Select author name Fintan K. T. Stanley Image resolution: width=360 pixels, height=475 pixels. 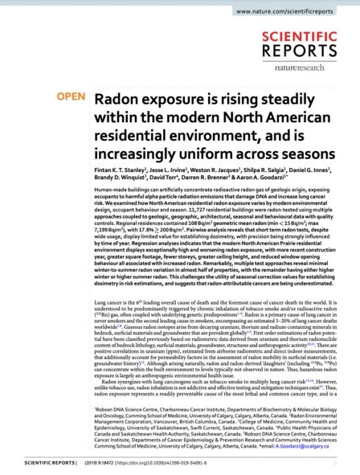coord(120,170)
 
